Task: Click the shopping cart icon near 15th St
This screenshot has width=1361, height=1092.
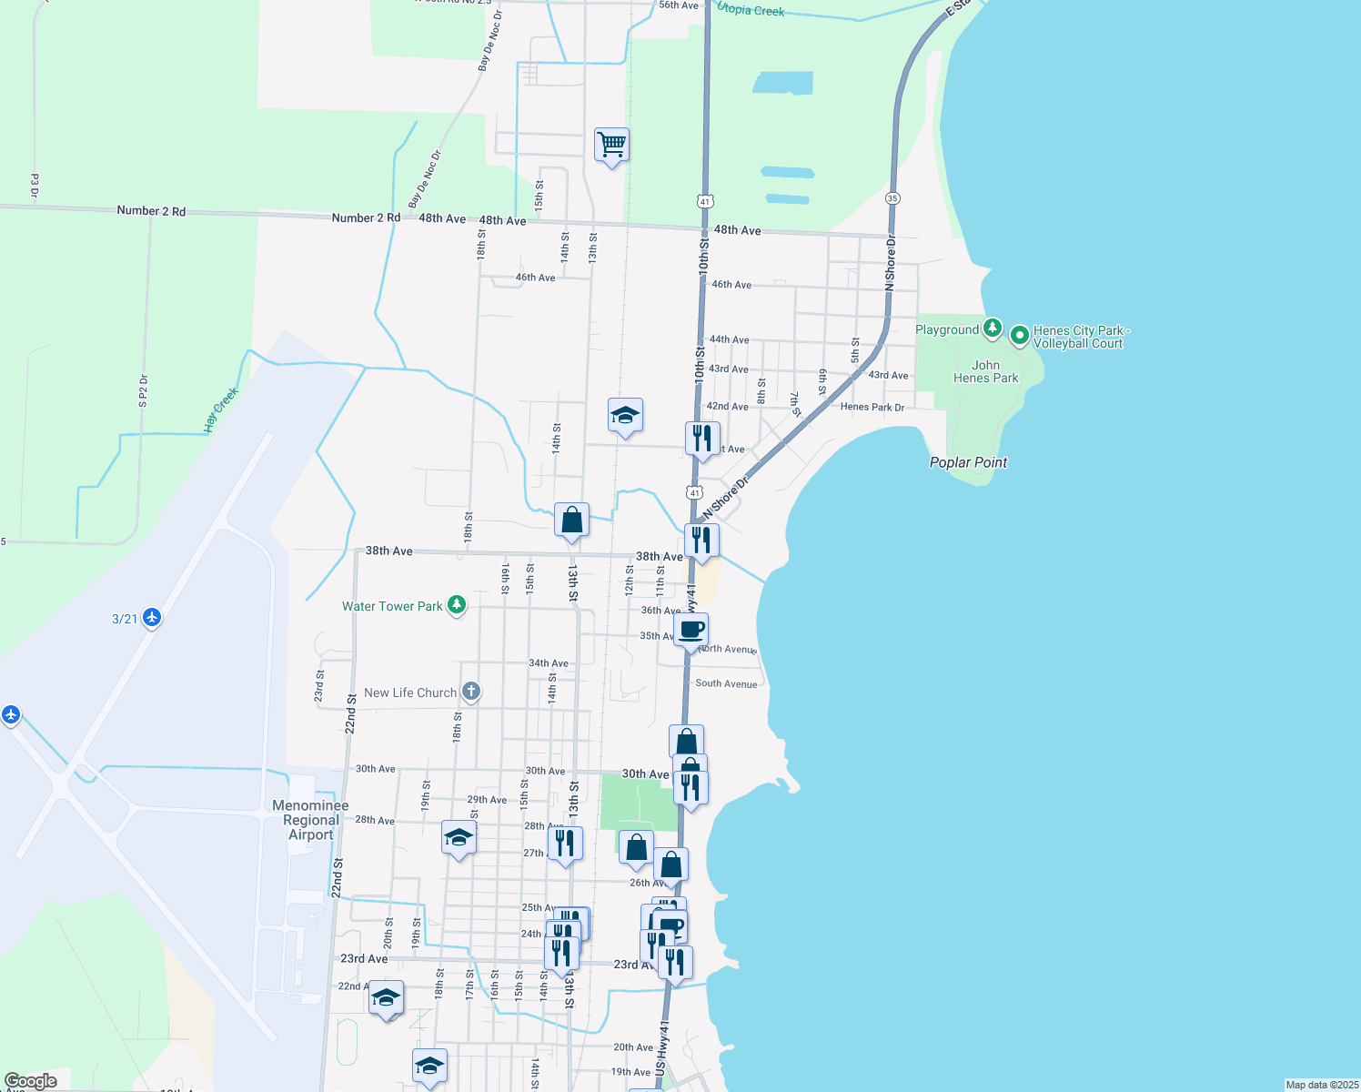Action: [x=611, y=145]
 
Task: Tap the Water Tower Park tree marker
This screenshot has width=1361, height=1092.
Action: [x=457, y=605]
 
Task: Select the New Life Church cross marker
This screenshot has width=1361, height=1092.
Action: [x=470, y=692]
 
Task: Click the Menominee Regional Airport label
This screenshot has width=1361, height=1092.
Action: [x=310, y=820]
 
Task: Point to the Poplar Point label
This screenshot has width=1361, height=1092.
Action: [x=968, y=462]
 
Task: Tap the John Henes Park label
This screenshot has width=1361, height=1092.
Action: [x=985, y=371]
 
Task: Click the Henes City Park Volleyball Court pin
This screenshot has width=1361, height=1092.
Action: [x=1020, y=336]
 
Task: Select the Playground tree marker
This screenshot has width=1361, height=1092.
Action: [x=993, y=329]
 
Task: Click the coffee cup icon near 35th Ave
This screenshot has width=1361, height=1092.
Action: [x=691, y=630]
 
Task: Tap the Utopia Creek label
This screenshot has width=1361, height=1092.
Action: [x=751, y=10]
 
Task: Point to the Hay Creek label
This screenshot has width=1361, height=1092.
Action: [x=220, y=409]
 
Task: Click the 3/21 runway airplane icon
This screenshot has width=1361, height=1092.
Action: [x=152, y=618]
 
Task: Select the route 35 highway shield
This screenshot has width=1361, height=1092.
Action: [x=892, y=198]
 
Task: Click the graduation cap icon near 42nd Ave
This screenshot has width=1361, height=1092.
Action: [x=625, y=416]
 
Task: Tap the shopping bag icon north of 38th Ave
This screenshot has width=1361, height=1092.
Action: [x=571, y=521]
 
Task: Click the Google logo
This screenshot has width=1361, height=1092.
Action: [x=31, y=1081]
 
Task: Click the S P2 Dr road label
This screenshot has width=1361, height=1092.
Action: [x=143, y=391]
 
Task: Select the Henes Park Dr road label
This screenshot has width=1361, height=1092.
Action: [x=872, y=407]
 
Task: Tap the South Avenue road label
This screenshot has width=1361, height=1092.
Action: [x=726, y=683]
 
